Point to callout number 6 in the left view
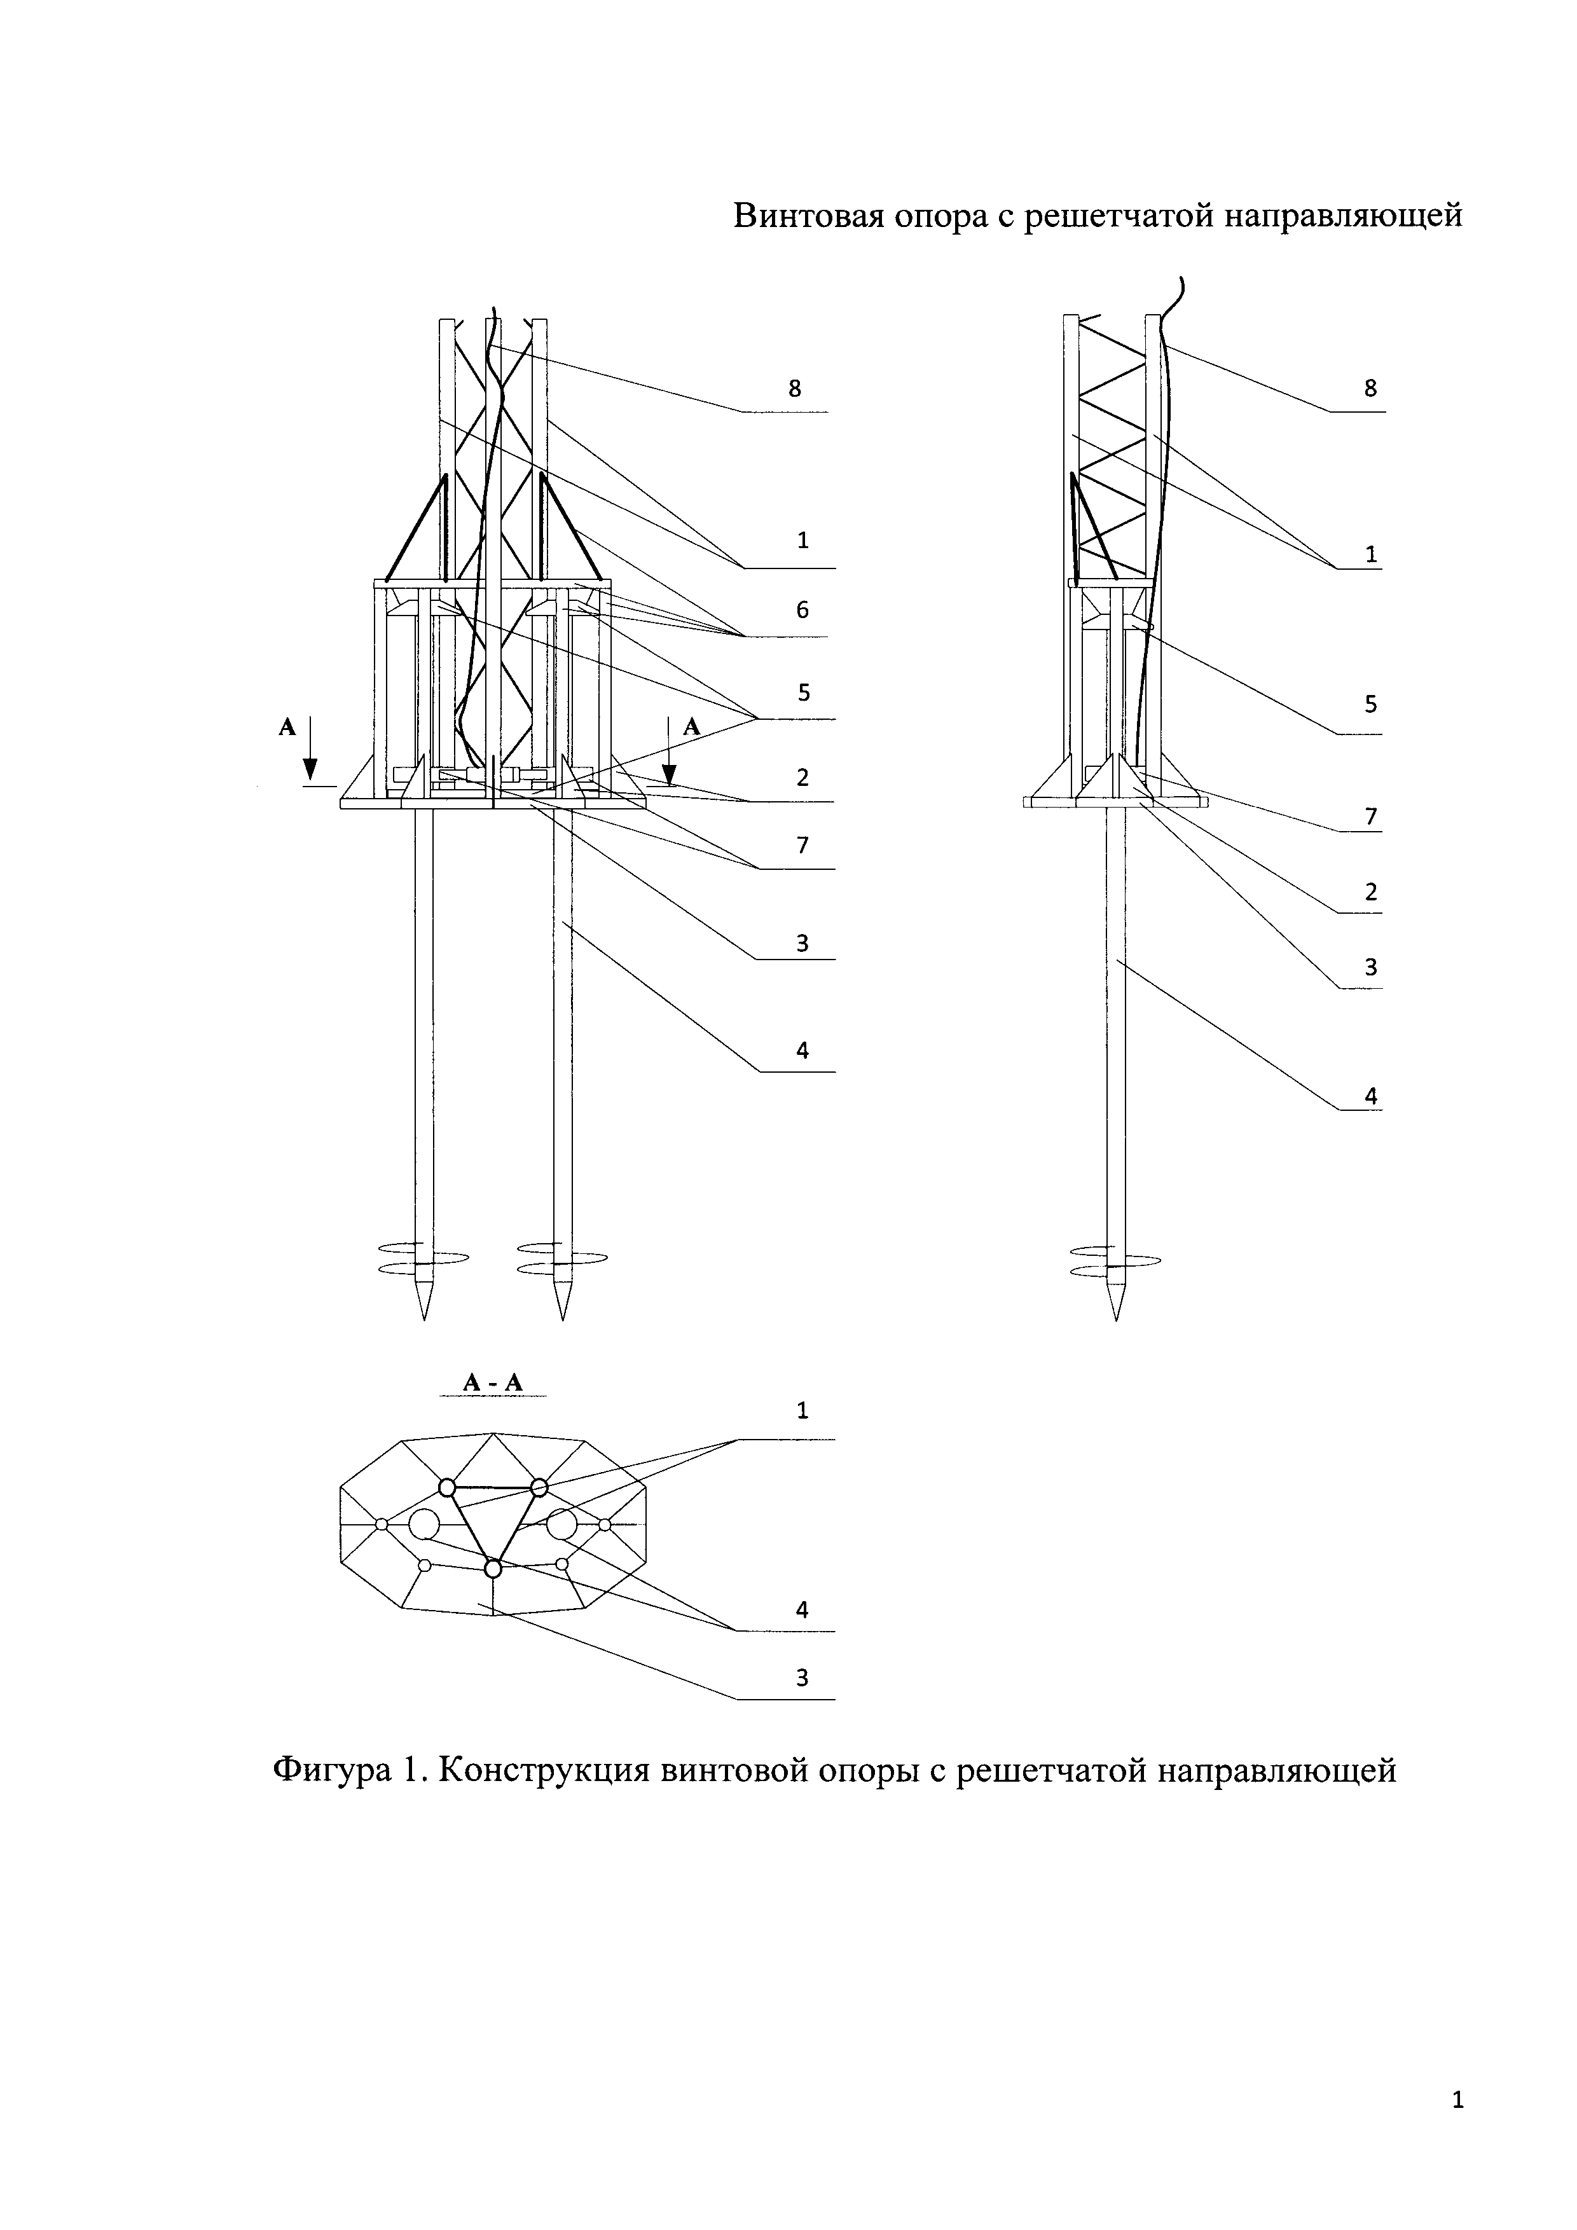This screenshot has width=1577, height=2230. (x=802, y=610)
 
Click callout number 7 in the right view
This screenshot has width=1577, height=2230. (x=1370, y=817)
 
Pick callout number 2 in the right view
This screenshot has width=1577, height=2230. (x=1370, y=891)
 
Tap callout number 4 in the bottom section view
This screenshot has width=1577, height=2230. (x=802, y=1609)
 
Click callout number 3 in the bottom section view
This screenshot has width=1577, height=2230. (x=802, y=1677)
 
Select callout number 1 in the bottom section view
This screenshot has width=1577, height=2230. (x=802, y=1410)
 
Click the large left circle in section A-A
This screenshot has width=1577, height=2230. (x=424, y=1524)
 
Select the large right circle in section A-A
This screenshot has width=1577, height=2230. (x=561, y=1524)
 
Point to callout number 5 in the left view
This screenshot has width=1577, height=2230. (x=802, y=692)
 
